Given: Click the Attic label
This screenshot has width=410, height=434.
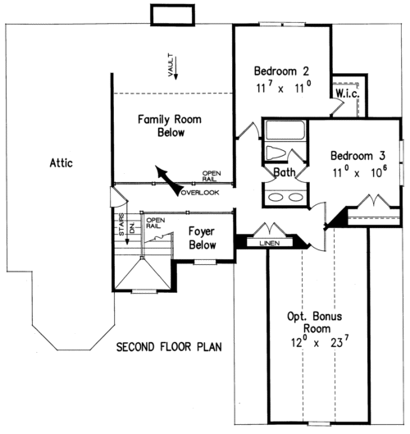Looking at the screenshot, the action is (x=61, y=162).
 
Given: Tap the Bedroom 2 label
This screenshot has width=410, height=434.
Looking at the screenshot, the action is (x=281, y=71).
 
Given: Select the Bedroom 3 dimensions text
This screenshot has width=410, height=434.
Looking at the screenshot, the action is (x=360, y=171).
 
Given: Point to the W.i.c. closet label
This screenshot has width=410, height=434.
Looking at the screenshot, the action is (x=348, y=94).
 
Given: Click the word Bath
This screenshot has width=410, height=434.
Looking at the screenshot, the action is (x=285, y=172).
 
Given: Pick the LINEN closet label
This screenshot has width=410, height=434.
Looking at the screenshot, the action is (x=270, y=244).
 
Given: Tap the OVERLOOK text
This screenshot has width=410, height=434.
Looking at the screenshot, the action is (x=200, y=193).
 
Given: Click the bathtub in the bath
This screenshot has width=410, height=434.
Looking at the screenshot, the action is (x=285, y=130).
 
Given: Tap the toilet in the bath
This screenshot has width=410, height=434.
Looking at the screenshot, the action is (x=276, y=153).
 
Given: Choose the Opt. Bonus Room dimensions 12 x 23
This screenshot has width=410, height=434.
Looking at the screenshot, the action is (x=320, y=341).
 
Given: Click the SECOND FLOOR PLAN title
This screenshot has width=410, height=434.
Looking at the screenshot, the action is (x=169, y=347).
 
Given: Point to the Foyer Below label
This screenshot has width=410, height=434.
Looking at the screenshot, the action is (x=202, y=238).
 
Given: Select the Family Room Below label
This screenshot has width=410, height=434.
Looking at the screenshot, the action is (x=170, y=126).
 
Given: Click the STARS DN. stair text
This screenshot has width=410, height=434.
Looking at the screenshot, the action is (x=126, y=225).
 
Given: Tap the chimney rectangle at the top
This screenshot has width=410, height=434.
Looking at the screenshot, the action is (x=173, y=15).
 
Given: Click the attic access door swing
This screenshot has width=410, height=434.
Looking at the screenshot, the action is (x=119, y=197).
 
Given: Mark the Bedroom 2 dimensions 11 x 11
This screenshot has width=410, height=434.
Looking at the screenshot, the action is (x=284, y=88).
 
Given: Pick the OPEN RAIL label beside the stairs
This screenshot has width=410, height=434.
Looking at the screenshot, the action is (x=156, y=223).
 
